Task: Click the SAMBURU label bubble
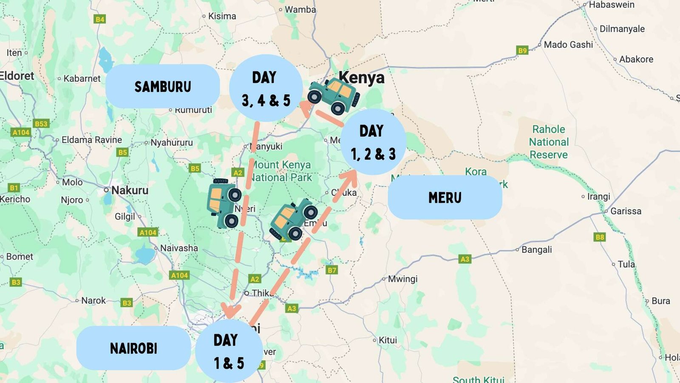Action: click(163, 87)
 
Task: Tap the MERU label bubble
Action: click(445, 197)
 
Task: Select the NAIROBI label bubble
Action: click(133, 348)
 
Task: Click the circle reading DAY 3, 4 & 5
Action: click(266, 89)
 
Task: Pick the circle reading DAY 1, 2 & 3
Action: click(373, 142)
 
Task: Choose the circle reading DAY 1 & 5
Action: click(229, 351)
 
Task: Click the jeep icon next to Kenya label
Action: click(334, 96)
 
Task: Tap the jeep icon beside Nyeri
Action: click(224, 203)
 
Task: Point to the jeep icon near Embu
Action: click(293, 219)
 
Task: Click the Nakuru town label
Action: click(130, 190)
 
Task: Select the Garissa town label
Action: click(625, 211)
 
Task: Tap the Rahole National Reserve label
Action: click(549, 142)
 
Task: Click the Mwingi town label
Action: click(402, 279)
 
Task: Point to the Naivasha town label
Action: click(178, 248)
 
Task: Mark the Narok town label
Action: click(93, 300)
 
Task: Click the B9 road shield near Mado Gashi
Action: click(522, 50)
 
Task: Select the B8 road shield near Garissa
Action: click(600, 237)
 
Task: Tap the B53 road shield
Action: click(41, 124)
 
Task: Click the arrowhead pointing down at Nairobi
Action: click(230, 311)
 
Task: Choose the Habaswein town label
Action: click(611, 5)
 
